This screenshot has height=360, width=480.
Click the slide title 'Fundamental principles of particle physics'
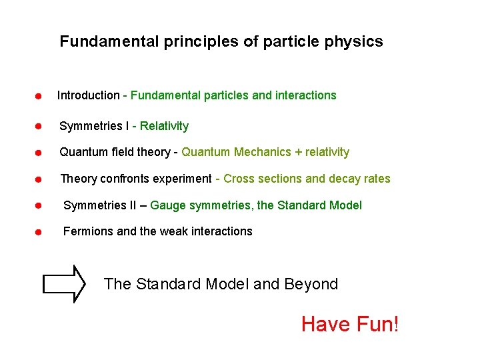(x=221, y=42)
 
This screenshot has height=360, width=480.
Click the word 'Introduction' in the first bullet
(x=88, y=95)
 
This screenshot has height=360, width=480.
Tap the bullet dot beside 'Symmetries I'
(x=39, y=126)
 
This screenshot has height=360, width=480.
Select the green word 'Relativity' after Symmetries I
(x=164, y=126)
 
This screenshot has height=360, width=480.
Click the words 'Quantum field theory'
(x=115, y=152)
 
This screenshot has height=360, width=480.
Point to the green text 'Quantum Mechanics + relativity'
(x=265, y=152)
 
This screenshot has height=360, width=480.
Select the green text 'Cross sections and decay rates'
(x=307, y=179)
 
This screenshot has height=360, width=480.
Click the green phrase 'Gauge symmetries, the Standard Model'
(x=256, y=205)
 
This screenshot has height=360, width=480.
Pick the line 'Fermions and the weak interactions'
(x=157, y=231)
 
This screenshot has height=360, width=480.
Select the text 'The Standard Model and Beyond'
(x=221, y=284)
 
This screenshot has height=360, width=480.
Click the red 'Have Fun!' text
(x=350, y=325)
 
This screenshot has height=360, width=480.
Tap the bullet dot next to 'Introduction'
(x=39, y=97)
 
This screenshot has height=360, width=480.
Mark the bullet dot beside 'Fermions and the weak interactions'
(x=39, y=233)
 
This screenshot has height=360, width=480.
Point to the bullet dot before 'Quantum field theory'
(x=39, y=153)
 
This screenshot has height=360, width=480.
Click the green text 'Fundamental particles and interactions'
(x=233, y=95)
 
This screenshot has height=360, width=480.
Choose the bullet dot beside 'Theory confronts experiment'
(x=39, y=179)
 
